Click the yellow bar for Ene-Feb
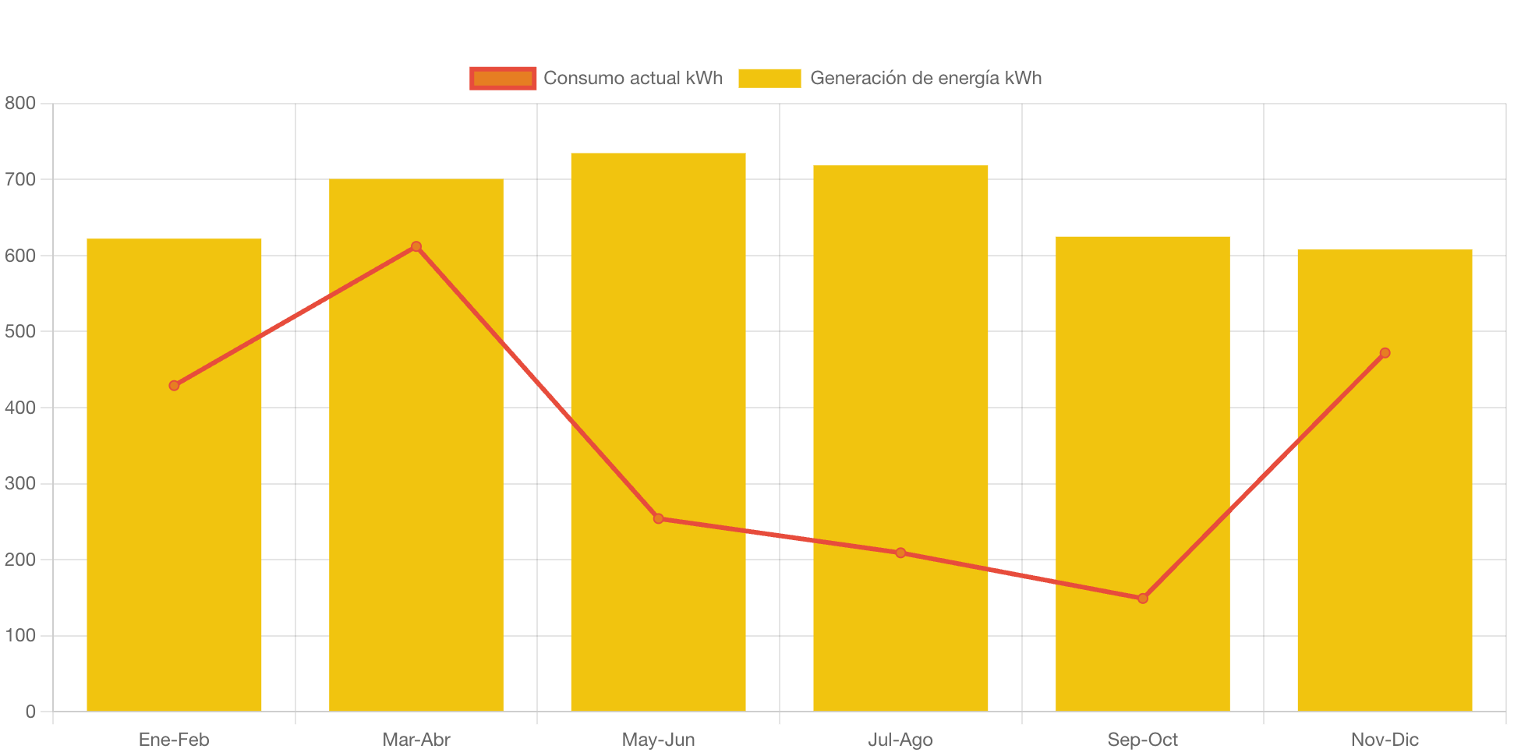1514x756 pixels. point(174,546)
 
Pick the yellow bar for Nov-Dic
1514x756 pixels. point(1385,546)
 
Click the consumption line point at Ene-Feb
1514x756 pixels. point(174,385)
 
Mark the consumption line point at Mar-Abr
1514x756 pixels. point(416,246)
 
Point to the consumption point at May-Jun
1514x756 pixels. point(658,518)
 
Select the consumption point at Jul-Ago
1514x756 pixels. point(900,553)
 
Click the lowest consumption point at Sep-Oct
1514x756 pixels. point(1143,599)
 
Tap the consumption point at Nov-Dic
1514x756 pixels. point(1385,353)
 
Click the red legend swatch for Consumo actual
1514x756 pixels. point(503,78)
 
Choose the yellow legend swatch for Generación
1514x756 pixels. point(769,78)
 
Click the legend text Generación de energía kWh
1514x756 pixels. point(925,78)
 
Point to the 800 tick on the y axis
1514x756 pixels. point(20,103)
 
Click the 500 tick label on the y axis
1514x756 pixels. point(20,331)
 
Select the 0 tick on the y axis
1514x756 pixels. point(30,711)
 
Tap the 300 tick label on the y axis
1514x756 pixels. point(20,483)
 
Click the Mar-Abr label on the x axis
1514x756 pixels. point(416,739)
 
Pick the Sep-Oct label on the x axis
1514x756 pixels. point(1143,739)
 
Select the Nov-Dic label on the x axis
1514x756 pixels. point(1385,739)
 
